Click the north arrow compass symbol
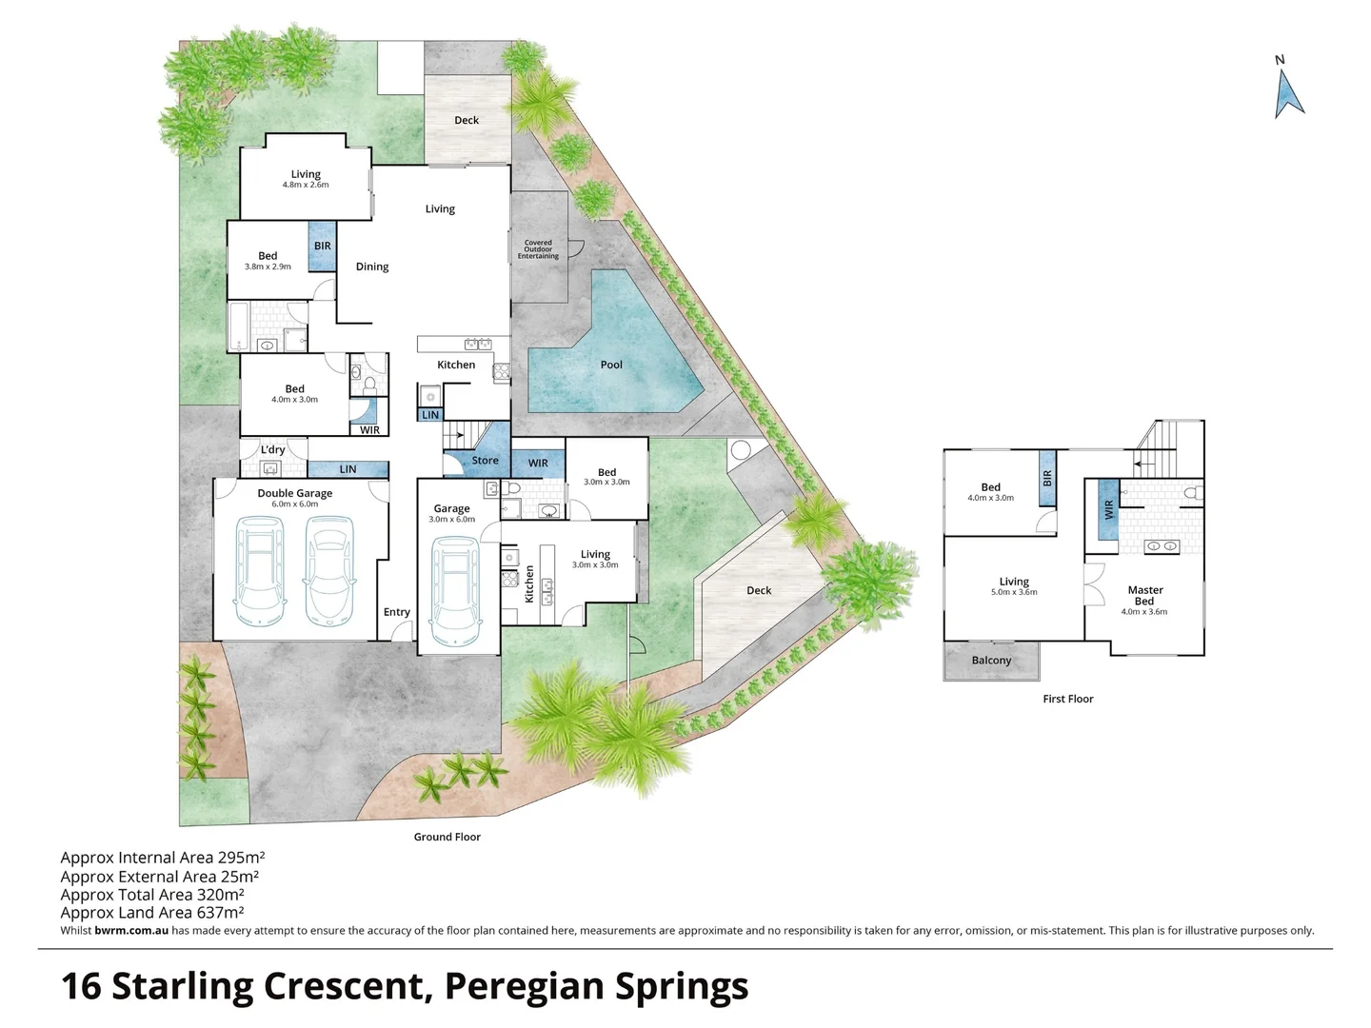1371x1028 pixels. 1288,93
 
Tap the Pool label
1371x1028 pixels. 611,365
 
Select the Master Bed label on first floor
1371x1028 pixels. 1145,596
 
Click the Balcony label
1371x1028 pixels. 991,661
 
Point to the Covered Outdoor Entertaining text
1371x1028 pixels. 538,249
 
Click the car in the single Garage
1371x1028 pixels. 455,592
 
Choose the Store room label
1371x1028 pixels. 485,460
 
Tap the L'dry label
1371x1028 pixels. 272,449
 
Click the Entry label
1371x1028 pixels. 397,612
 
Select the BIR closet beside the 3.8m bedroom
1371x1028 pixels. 323,246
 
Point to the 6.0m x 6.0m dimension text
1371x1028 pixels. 295,504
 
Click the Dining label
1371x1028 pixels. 372,267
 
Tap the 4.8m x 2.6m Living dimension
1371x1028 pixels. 306,185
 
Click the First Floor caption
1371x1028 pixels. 1068,699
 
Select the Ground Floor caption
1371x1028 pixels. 447,837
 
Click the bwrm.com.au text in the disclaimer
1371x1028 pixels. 131,931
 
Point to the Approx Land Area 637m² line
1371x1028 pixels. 152,913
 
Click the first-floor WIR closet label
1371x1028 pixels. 1108,510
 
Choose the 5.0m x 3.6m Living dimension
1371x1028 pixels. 1014,592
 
